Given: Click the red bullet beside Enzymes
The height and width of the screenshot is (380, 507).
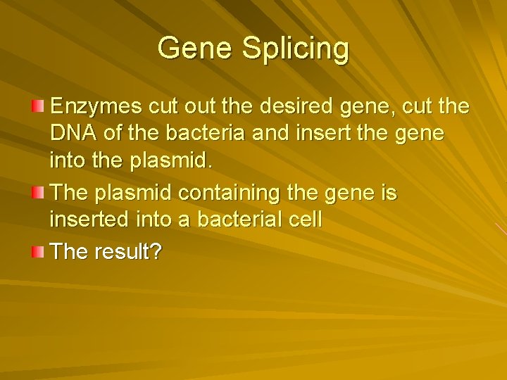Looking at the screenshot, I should pos(38,106).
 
